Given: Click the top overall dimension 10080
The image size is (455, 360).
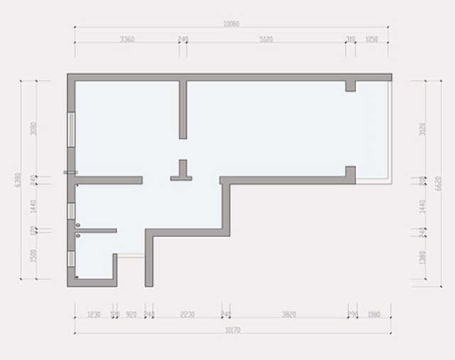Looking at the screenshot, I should [x=231, y=24].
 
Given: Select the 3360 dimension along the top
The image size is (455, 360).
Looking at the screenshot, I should [x=128, y=40].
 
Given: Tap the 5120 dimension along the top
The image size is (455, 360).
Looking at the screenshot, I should [x=267, y=40].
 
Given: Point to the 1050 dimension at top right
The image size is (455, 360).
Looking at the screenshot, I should [x=372, y=40].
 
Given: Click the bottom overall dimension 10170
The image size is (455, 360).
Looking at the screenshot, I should [x=231, y=329].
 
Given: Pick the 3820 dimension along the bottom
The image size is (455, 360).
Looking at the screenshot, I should [x=289, y=314].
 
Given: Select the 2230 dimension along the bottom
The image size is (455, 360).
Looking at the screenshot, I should [x=188, y=314].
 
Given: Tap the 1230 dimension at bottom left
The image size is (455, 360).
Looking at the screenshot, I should [x=93, y=314].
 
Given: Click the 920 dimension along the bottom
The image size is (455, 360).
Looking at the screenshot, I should [x=131, y=314].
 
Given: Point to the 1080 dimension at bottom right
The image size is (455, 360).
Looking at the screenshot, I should [x=375, y=314].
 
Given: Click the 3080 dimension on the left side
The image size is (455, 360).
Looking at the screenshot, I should [x=33, y=129].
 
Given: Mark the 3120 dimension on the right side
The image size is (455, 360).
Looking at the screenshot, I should [x=423, y=129].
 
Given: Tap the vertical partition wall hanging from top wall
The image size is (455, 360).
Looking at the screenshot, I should [x=183, y=109].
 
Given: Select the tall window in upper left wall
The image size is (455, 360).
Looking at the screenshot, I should [x=70, y=129].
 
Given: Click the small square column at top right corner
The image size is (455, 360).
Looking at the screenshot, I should [x=350, y=85].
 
